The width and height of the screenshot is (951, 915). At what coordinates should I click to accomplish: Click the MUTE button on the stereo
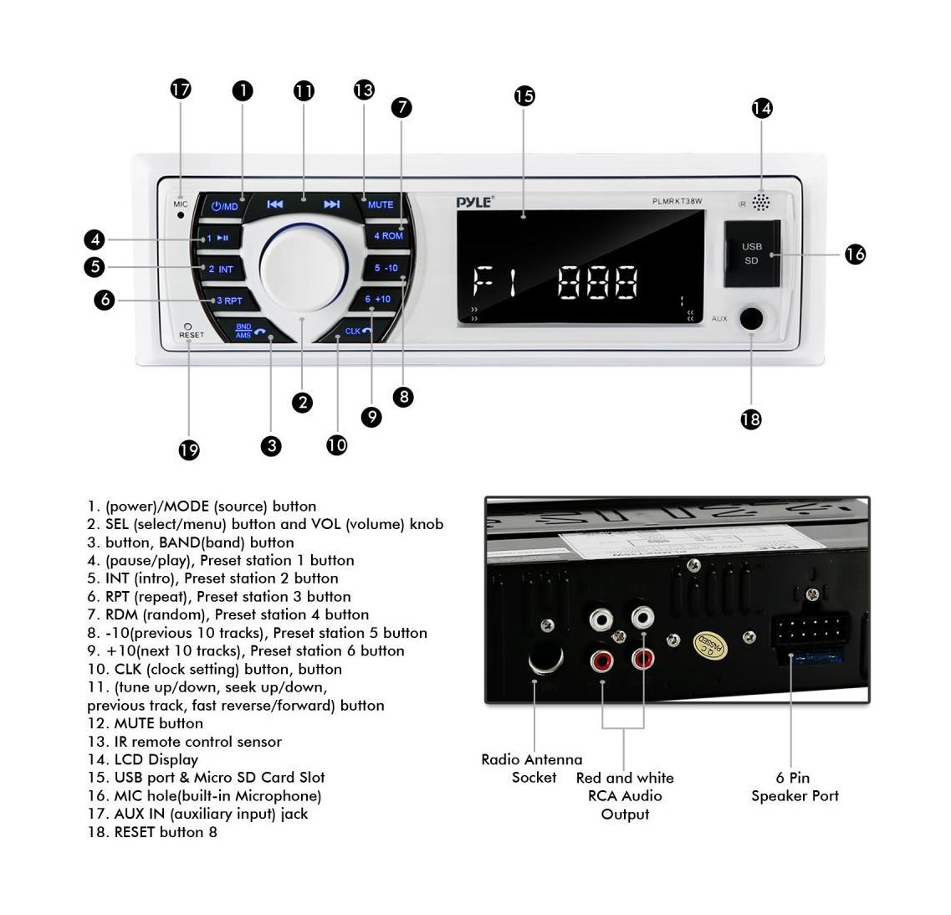point(381,204)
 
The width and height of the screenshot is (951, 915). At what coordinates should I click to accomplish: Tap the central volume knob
point(300,261)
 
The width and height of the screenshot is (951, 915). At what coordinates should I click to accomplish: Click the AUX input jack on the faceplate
point(751,319)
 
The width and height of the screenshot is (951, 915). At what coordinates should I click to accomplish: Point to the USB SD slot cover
point(751,253)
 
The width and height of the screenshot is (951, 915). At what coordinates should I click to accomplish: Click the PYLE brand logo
point(474,201)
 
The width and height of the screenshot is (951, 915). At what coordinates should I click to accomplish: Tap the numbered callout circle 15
point(524,95)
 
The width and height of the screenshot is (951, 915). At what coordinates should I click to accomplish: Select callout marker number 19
point(189,450)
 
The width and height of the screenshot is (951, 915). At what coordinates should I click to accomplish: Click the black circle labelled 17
point(181,89)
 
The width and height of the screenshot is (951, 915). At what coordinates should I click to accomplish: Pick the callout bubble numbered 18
point(751,419)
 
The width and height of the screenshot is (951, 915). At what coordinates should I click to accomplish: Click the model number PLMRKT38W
point(677,201)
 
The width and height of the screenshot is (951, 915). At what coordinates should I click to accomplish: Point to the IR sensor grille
point(760,203)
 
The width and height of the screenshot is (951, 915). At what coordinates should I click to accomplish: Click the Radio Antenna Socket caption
point(532,768)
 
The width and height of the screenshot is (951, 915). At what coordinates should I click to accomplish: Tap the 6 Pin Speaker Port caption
point(794,787)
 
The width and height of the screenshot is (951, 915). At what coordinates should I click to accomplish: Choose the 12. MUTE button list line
point(146,723)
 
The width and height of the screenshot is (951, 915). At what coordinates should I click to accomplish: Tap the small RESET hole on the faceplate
point(187,326)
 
